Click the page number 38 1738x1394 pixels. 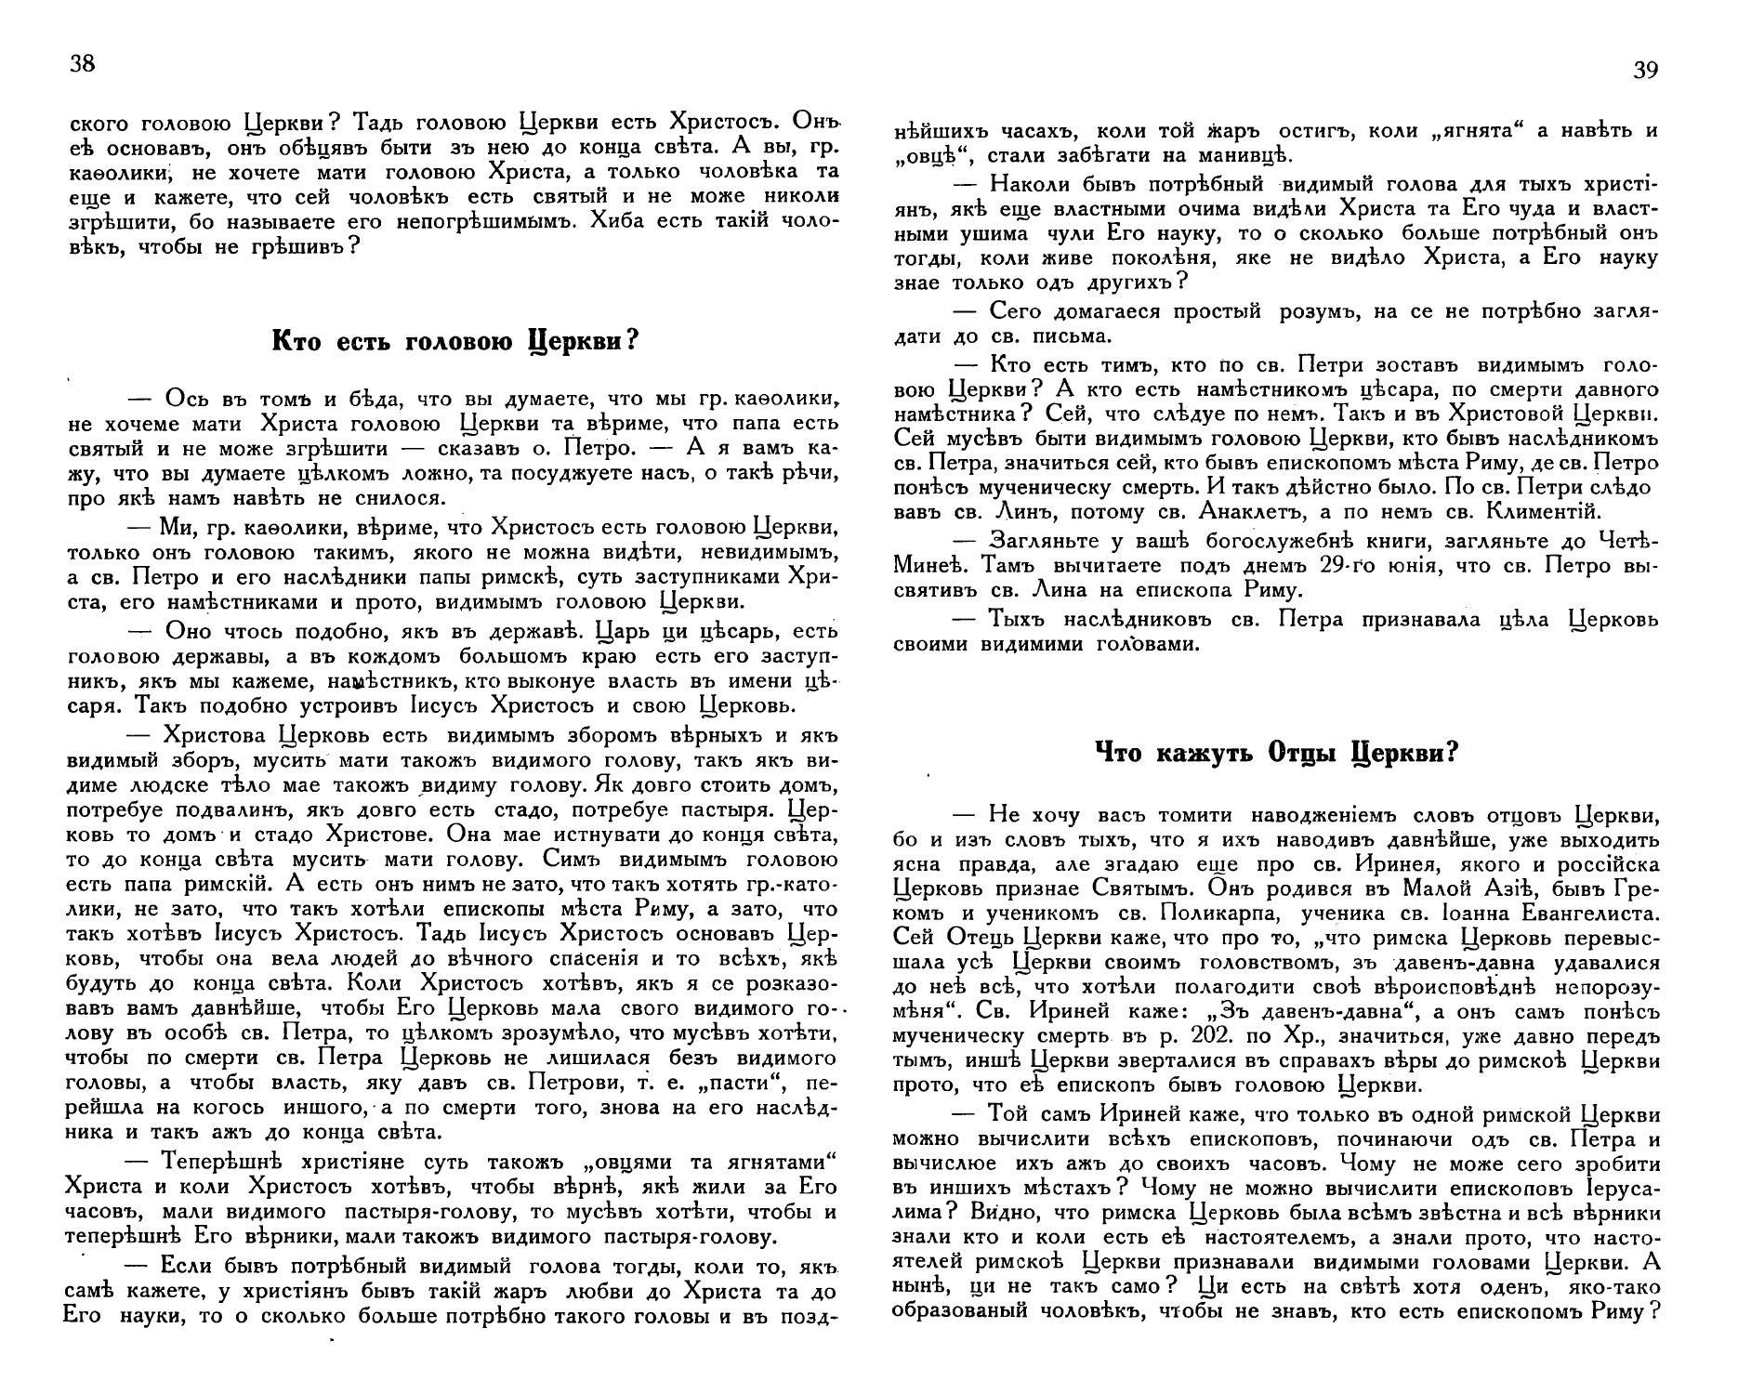[82, 63]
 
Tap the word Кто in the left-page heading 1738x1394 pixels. [296, 340]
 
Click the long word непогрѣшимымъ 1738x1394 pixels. [476, 222]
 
